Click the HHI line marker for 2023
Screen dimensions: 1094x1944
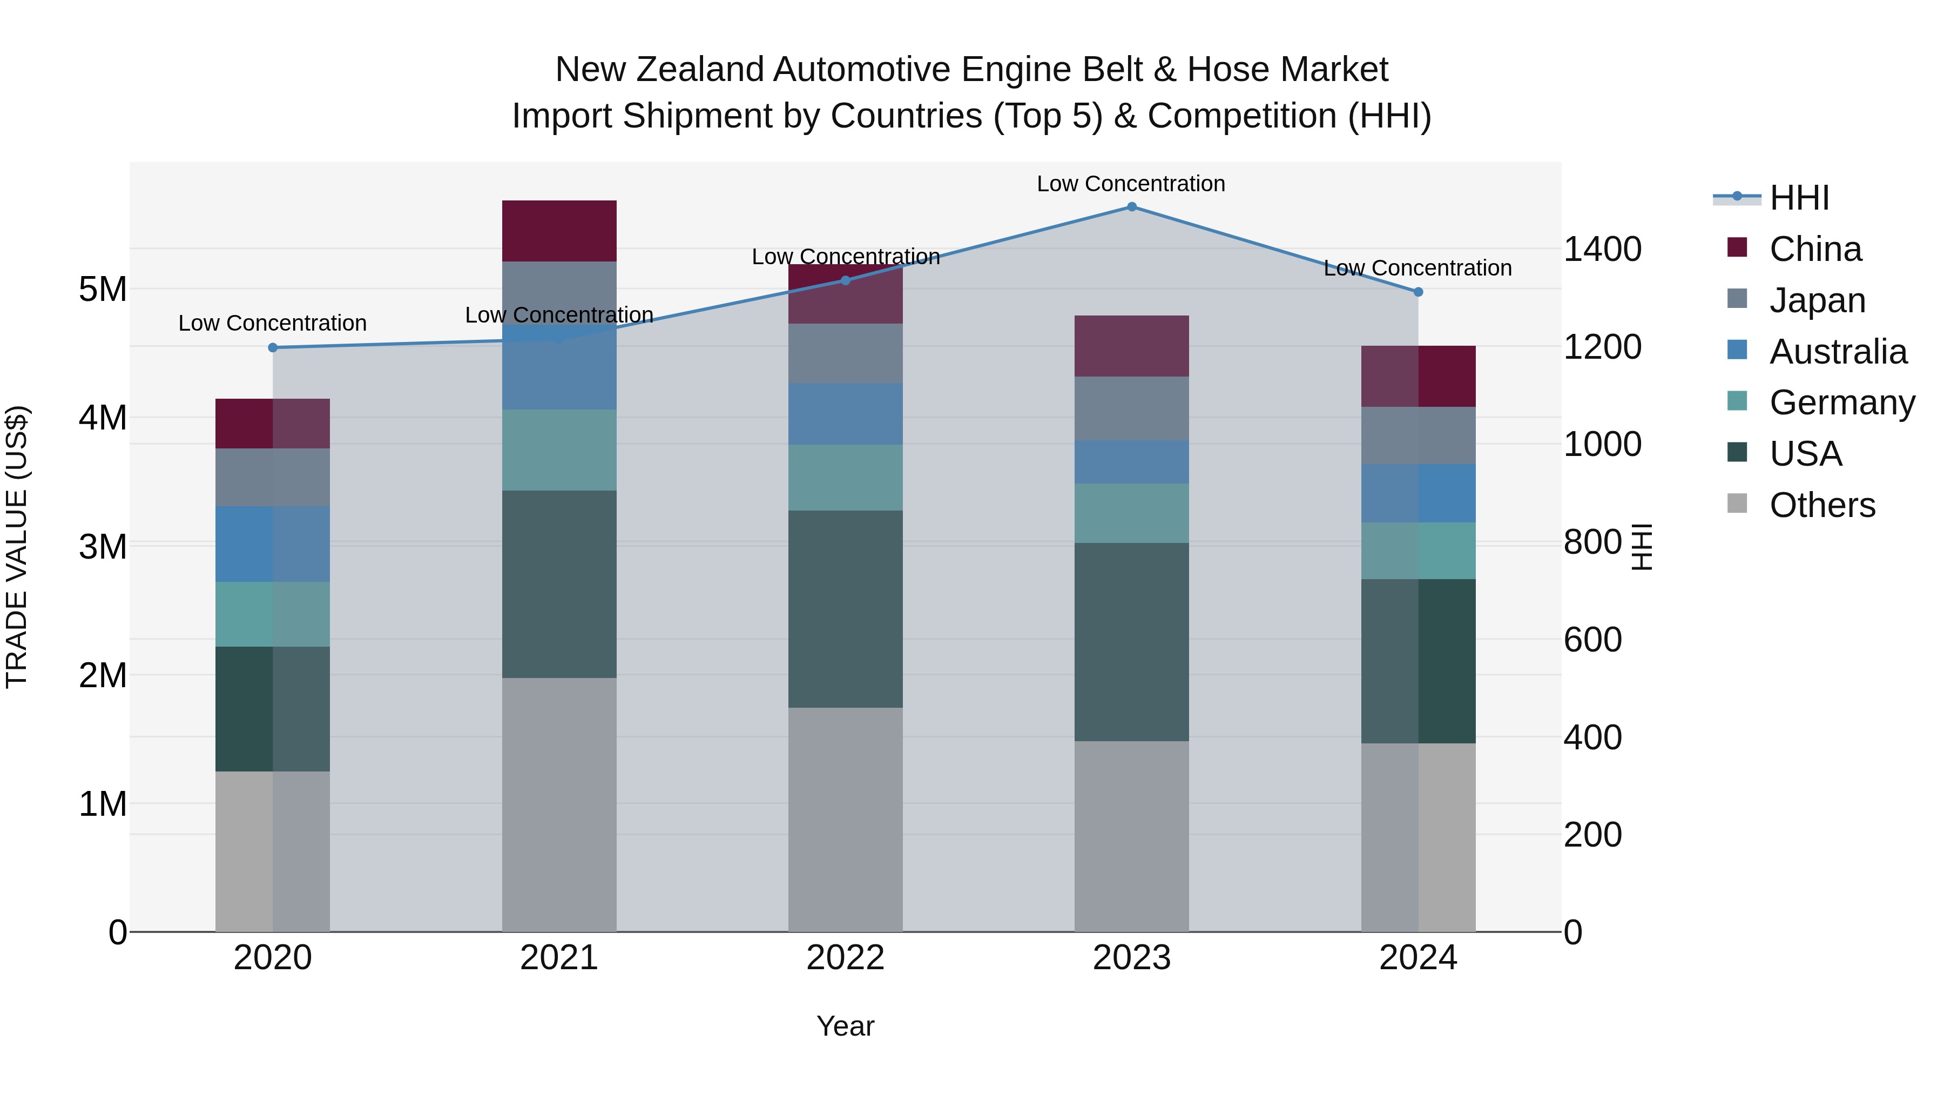click(1131, 207)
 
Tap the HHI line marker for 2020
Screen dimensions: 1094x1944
click(273, 347)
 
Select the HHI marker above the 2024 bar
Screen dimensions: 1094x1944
click(1418, 292)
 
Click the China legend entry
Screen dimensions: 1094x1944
click(1815, 249)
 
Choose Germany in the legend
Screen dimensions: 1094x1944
click(1841, 402)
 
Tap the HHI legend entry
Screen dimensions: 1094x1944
click(1799, 198)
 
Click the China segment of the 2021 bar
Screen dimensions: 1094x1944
click(559, 231)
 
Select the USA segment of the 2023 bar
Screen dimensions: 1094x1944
click(1131, 642)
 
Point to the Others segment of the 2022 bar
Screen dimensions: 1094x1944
click(845, 819)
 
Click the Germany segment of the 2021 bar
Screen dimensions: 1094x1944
click(559, 450)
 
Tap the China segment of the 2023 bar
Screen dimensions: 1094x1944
click(1131, 346)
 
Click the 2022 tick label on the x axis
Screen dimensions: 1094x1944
click(845, 958)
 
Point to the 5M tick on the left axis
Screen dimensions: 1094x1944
click(103, 289)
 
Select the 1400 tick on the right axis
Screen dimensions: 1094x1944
click(1602, 249)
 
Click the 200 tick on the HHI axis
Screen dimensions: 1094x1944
click(1592, 835)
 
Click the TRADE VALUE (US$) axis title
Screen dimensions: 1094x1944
click(17, 547)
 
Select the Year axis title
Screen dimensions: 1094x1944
click(845, 1026)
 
